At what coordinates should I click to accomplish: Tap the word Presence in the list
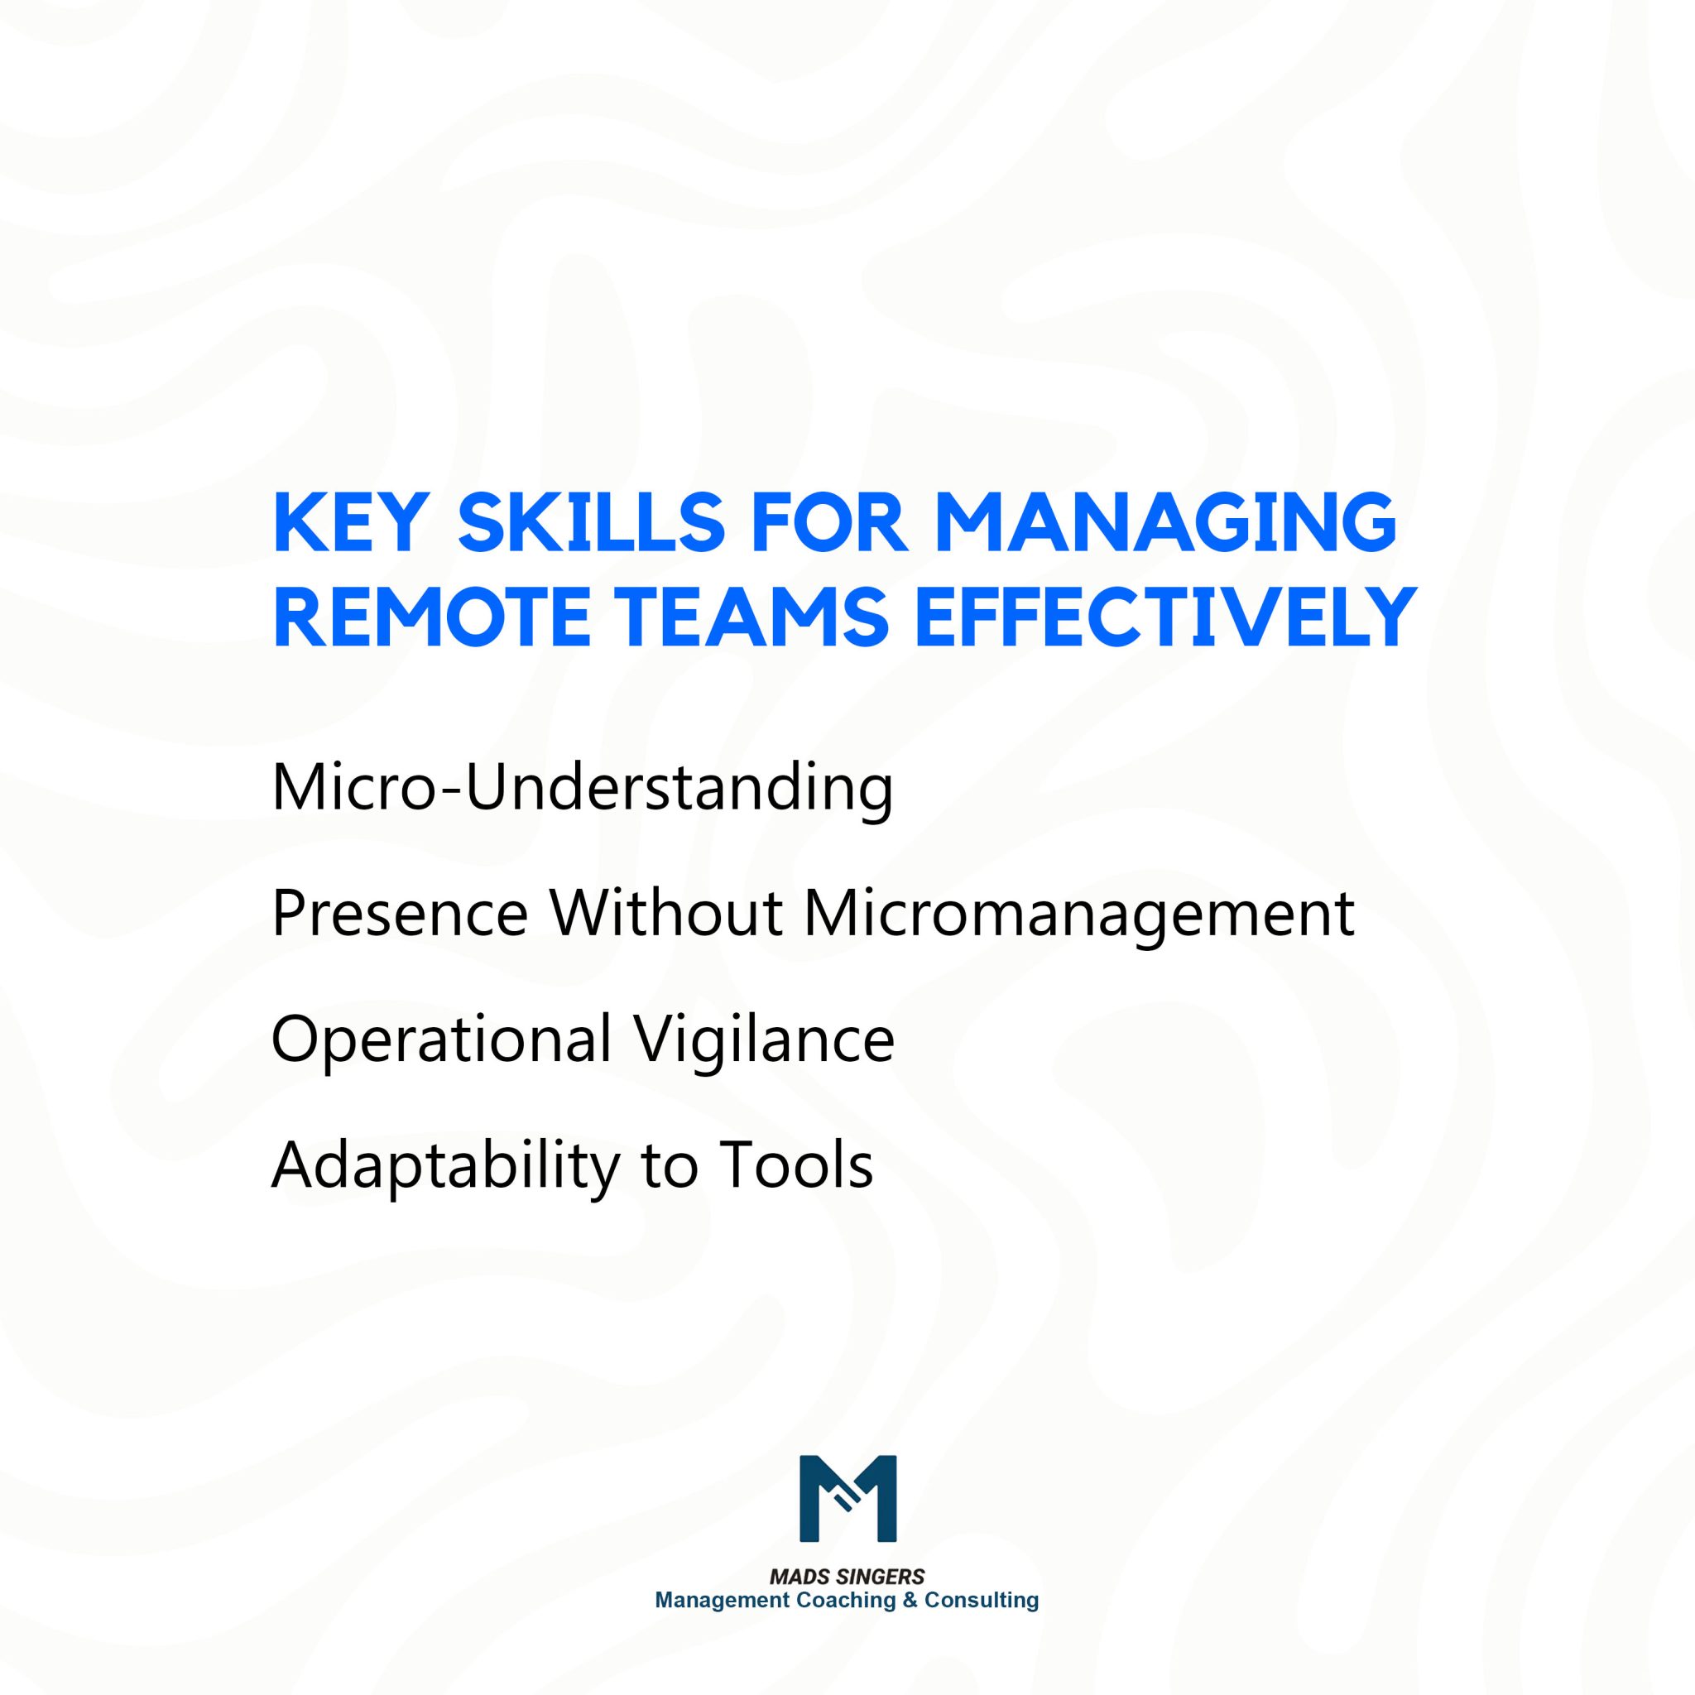400,915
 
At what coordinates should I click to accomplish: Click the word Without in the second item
666,915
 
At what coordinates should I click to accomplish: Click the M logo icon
847,1499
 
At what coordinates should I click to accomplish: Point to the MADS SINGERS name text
847,1577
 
